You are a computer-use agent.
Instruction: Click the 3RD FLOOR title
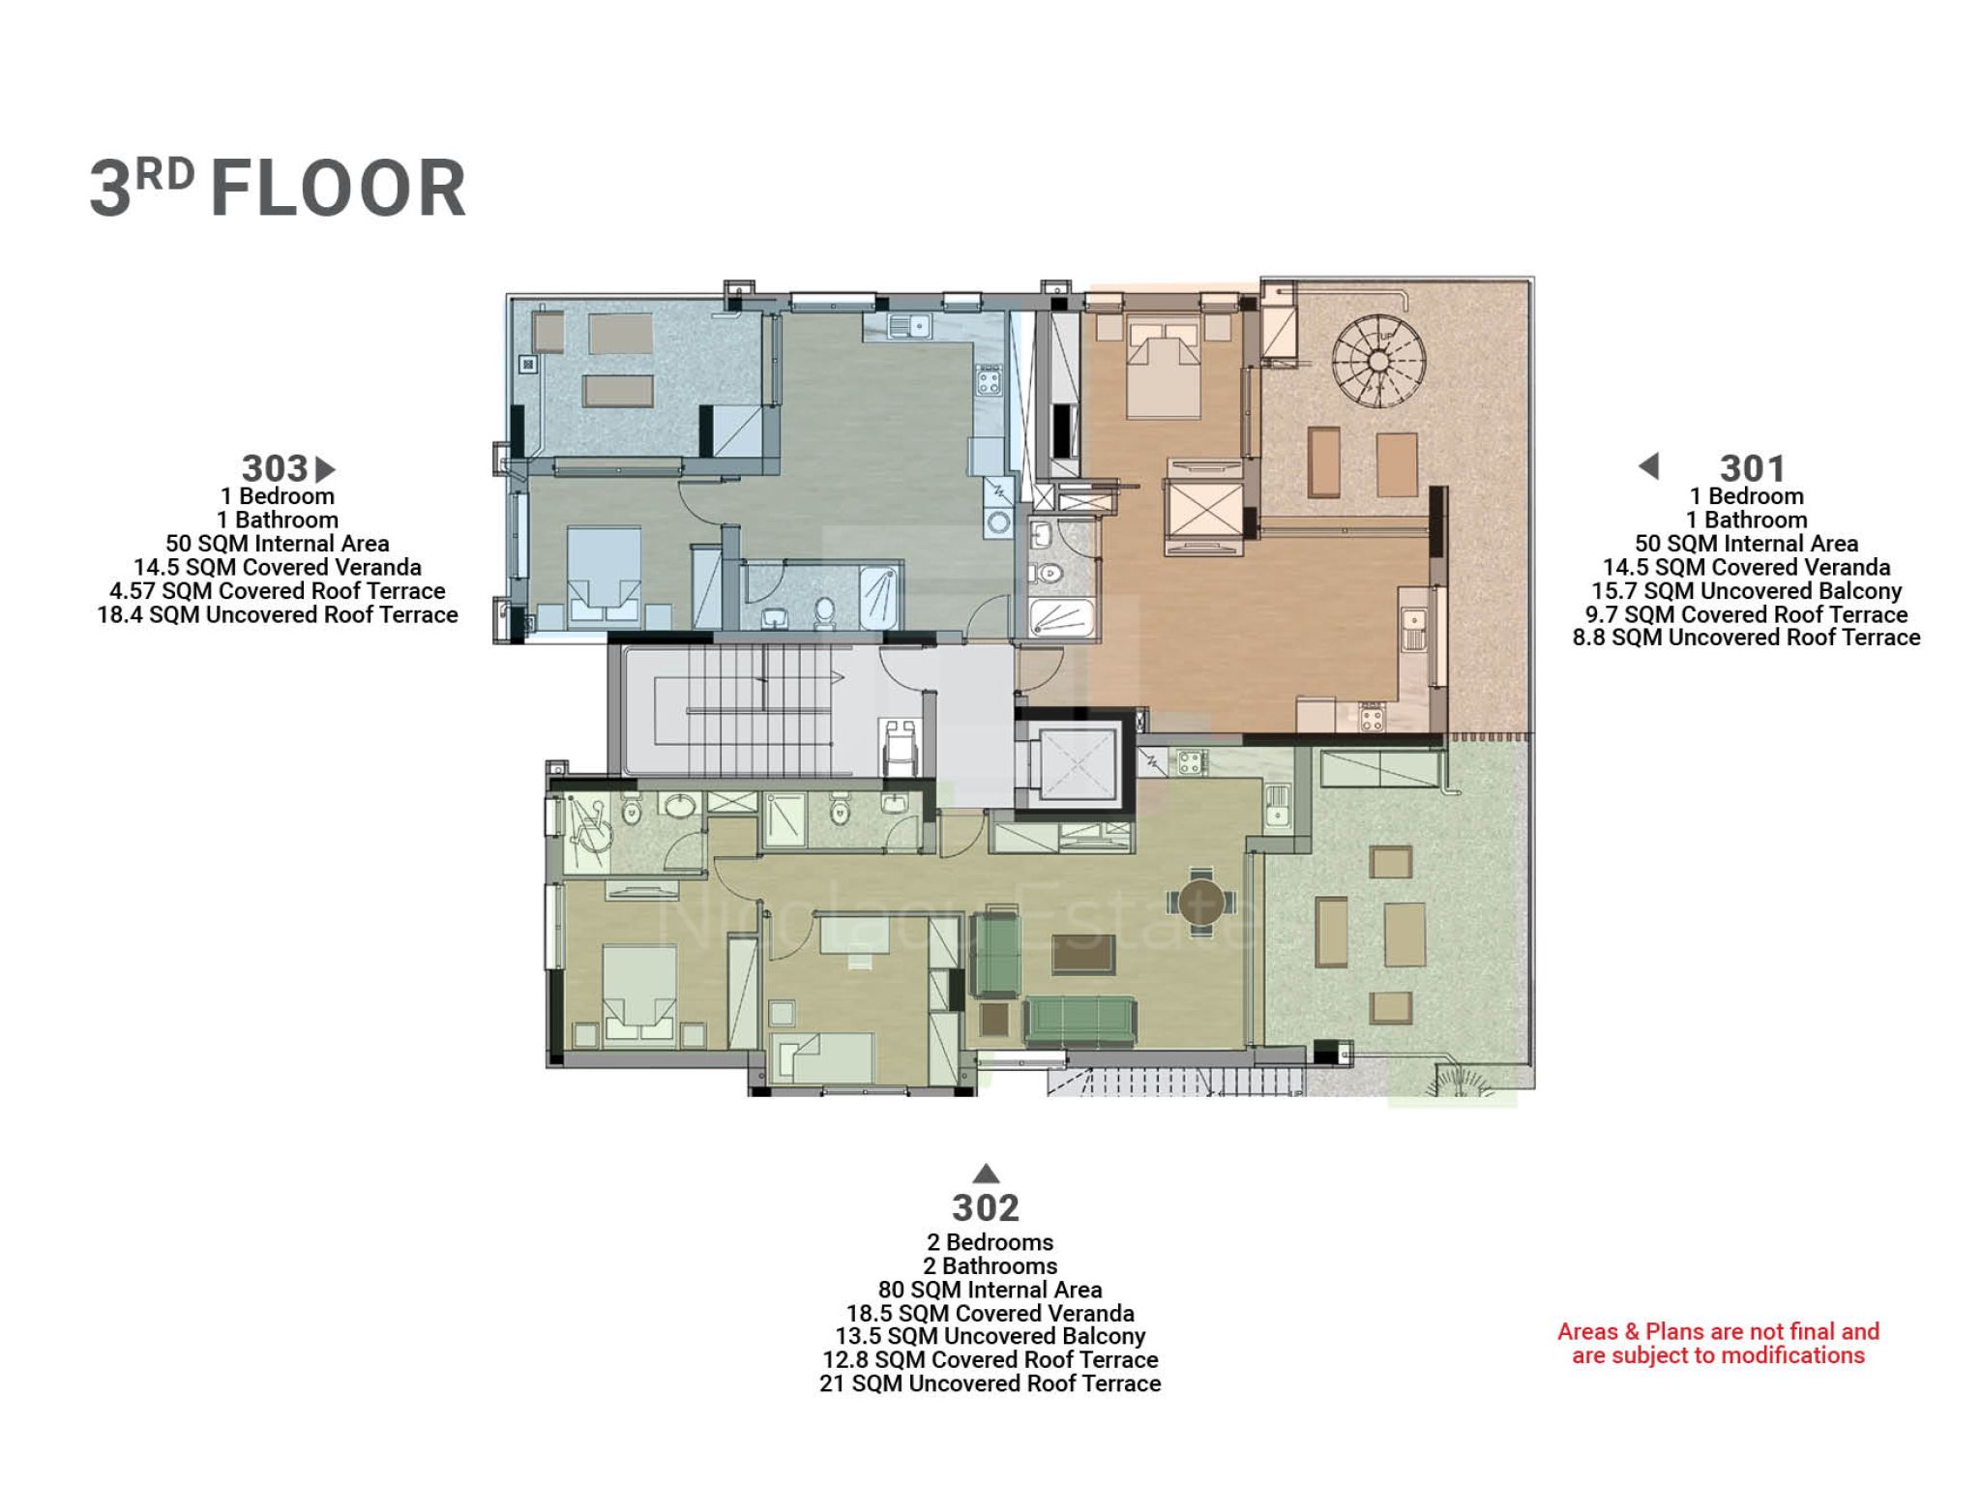pos(278,188)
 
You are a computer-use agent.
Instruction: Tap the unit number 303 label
pos(275,469)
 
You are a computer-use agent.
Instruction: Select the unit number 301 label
pos(1752,469)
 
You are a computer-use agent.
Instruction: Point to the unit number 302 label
pos(986,1207)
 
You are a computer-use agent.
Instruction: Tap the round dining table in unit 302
pos(1200,902)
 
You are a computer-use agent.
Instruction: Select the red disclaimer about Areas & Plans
pos(1718,1343)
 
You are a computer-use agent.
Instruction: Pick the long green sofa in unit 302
pos(1080,1021)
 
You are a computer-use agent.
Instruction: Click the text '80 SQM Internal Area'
pos(990,1290)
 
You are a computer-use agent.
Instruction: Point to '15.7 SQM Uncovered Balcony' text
pos(1746,591)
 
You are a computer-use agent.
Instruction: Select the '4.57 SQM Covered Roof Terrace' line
pos(278,591)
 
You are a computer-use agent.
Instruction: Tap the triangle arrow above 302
pos(986,1174)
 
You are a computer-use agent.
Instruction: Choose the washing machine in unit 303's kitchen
pos(997,521)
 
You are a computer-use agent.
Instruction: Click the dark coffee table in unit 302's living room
pos(1082,954)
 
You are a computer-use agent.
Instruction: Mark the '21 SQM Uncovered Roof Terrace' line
pos(990,1383)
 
